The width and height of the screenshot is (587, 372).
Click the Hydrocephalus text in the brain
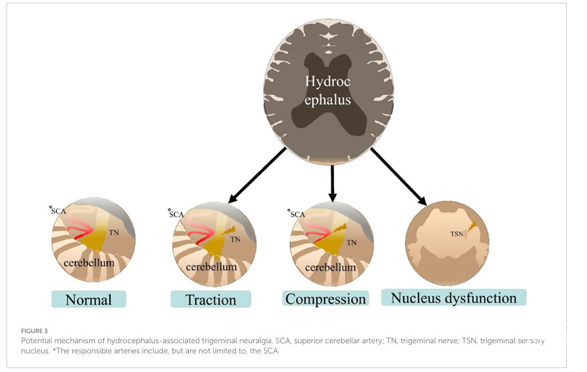[x=328, y=91]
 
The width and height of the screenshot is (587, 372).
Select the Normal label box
[x=89, y=299]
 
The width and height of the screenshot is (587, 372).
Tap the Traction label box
[x=211, y=299]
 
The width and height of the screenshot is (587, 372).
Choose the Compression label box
[x=325, y=298]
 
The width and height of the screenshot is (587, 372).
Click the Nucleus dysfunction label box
[x=453, y=298]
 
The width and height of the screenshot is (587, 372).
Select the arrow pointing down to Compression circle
[x=332, y=183]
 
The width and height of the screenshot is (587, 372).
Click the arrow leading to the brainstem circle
[x=399, y=177]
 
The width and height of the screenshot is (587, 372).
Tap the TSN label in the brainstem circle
[x=457, y=233]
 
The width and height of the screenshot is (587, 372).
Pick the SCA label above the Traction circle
[x=176, y=214]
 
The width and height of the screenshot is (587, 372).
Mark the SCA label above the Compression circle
[x=297, y=214]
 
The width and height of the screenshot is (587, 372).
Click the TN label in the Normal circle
[x=113, y=233]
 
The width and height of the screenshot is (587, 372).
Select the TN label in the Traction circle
[x=235, y=239]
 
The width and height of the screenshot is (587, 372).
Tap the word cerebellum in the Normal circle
[x=89, y=263]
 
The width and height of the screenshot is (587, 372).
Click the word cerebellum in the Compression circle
[x=330, y=267]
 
